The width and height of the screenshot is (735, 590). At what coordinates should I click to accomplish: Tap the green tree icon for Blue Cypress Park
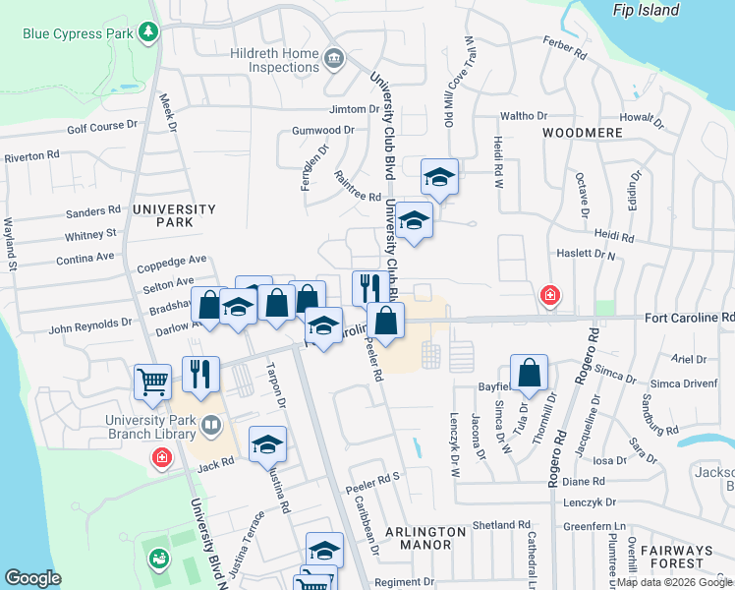[x=147, y=32]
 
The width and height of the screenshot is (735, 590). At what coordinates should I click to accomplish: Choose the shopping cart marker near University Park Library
[x=153, y=380]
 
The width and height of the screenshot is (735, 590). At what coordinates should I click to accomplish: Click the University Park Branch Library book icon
[x=210, y=426]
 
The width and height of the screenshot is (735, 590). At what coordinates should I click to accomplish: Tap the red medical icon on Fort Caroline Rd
[x=549, y=294]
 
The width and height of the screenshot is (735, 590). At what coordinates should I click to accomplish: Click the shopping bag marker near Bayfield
[x=529, y=371]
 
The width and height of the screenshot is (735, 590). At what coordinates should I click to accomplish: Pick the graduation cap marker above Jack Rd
[x=267, y=442]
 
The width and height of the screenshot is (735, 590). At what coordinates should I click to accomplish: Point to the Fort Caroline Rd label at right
[x=689, y=319]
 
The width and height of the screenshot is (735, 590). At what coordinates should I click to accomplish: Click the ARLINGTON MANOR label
[x=425, y=538]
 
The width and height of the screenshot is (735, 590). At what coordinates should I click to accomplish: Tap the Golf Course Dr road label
[x=101, y=127]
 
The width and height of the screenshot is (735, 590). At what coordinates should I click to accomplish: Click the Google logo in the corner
[x=32, y=578]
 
